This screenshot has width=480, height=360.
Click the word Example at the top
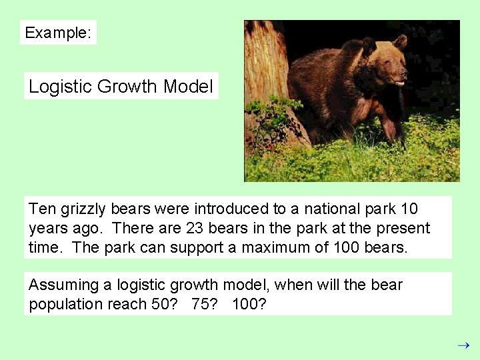tap(56, 33)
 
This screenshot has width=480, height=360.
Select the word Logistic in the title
tap(61, 87)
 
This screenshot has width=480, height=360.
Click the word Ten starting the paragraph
tap(43, 209)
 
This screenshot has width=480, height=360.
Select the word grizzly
tap(84, 209)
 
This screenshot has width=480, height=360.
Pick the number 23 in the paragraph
tap(195, 229)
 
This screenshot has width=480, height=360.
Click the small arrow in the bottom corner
tap(464, 345)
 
